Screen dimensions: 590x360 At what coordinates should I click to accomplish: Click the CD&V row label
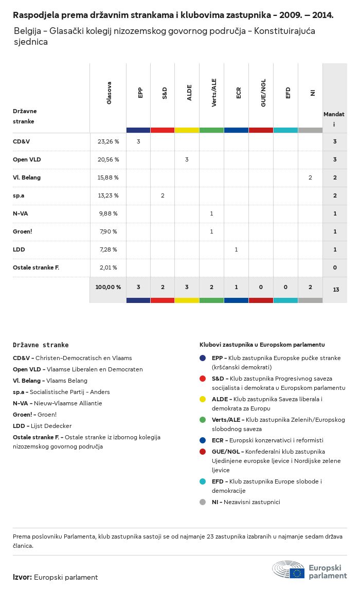pos(21,141)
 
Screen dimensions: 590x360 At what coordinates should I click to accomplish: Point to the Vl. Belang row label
pos(27,177)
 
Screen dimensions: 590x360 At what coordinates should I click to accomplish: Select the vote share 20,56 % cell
pos(108,159)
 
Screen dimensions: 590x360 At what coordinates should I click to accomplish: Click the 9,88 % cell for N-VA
pos(108,213)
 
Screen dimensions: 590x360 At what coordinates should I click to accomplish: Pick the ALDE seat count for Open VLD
pos(187,159)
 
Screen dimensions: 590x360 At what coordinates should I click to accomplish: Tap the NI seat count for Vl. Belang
pos(310,177)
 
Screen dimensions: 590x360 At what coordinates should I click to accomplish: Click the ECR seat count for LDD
pos(236,249)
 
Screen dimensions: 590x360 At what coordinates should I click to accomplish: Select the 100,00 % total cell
pos(108,287)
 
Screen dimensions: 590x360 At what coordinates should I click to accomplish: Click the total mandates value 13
pos(335,290)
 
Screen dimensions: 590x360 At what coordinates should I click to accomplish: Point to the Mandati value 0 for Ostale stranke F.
pos(335,267)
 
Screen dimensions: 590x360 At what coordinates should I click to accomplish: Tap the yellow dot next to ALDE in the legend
pos(203,399)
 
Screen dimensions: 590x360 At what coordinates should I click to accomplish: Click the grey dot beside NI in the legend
pos(203,502)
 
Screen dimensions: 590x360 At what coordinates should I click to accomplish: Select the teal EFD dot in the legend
pos(203,481)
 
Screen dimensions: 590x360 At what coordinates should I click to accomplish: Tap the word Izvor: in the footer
pos(22,577)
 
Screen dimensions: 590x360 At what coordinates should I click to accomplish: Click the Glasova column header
pos(109,93)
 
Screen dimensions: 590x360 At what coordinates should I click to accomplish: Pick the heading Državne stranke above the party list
pos(41,345)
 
